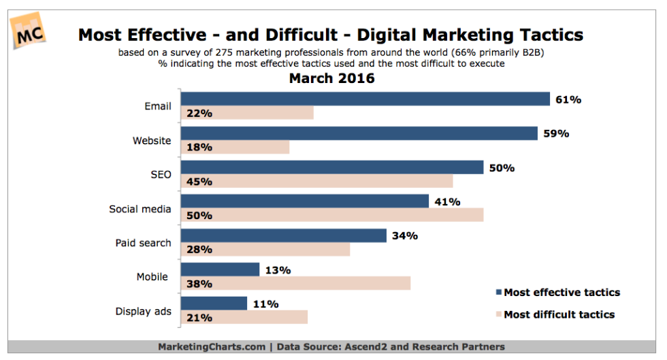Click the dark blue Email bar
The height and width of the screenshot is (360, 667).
(365, 99)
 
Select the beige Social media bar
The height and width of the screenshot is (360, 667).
(332, 215)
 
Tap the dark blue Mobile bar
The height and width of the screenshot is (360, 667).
(221, 269)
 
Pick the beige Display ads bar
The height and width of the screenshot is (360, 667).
(244, 317)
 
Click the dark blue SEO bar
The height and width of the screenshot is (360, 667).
(332, 167)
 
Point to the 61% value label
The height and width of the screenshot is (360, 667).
(569, 99)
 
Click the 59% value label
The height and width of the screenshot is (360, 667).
(557, 133)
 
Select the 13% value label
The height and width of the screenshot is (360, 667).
(278, 269)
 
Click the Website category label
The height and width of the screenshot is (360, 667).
(151, 141)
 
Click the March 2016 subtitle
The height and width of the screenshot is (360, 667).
(332, 79)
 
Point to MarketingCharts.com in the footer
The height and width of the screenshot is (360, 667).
(212, 346)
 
